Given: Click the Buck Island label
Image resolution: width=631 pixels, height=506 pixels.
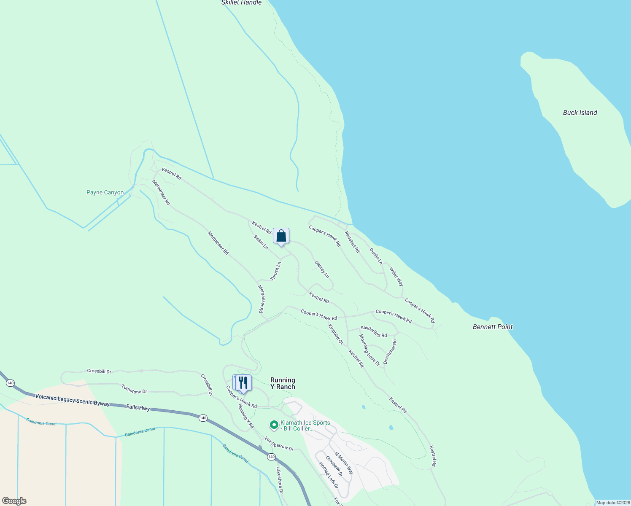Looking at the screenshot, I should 580,113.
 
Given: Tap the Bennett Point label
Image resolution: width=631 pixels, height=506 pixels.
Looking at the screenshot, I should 493,327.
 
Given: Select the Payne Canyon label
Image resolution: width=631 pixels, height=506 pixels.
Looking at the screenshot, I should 105,193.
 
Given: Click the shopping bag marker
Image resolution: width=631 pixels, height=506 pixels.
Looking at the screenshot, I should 281,236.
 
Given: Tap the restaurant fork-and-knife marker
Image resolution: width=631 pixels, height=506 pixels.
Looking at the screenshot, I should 243,383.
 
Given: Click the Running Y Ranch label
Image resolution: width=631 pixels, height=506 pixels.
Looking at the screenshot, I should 283,383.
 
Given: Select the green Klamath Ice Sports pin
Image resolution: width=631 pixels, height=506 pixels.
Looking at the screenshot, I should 274,425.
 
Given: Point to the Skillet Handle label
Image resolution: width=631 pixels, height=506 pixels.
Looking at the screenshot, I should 241,3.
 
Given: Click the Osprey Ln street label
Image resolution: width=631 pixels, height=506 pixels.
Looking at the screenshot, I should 322,269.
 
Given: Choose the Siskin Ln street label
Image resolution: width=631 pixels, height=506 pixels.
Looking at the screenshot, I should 261,242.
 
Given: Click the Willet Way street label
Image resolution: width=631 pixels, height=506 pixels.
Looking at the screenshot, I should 396,277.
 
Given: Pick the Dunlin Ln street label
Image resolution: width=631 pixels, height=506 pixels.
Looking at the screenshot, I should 376,256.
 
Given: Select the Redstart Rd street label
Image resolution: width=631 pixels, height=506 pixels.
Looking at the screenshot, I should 352,242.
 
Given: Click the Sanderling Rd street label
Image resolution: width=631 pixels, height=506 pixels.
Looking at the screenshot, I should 373,331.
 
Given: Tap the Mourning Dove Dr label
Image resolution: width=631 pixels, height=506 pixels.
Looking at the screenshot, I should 369,350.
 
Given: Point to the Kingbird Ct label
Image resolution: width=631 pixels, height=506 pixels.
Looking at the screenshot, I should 336,334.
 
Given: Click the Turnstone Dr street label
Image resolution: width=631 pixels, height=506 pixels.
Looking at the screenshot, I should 134,389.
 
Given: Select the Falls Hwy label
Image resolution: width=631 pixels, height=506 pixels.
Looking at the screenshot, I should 138,407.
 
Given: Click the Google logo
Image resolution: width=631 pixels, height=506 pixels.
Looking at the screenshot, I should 14,501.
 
